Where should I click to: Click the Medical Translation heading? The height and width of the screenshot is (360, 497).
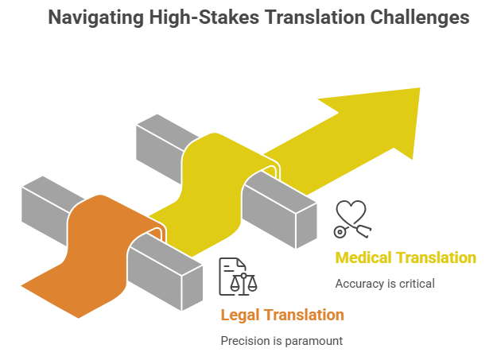point(406,257)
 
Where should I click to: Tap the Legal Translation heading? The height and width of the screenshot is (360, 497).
point(282,315)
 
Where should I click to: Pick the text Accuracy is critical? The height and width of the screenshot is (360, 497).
point(385,284)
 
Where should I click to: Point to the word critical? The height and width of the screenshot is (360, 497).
point(417,284)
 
